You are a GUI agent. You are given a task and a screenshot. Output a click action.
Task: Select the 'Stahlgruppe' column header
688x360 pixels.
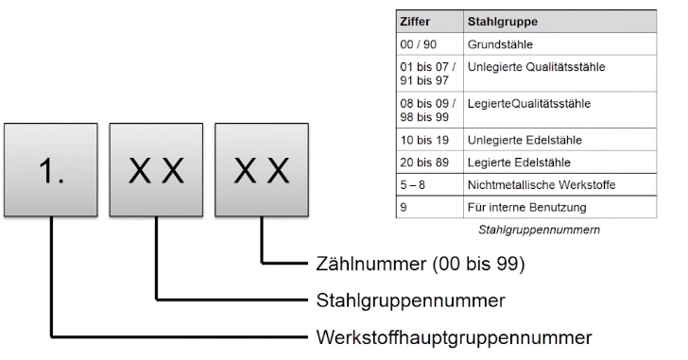click(502, 20)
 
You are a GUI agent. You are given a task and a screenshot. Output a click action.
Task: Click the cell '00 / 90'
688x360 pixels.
click(419, 43)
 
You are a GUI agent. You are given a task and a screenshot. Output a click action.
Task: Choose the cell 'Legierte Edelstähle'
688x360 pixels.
click(518, 163)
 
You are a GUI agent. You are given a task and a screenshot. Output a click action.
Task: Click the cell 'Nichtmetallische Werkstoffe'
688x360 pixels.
click(542, 185)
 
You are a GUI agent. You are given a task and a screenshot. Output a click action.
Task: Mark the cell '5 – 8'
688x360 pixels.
click(413, 185)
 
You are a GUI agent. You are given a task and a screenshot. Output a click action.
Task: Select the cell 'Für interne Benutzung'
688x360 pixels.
click(526, 207)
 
